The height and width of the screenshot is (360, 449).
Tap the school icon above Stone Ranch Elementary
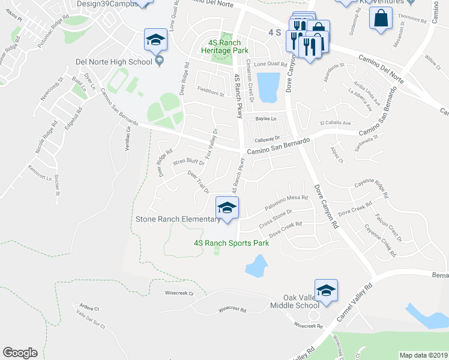tap(227, 208)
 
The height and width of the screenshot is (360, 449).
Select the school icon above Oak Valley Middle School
tap(326, 291)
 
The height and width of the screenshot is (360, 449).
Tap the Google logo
tap(20, 353)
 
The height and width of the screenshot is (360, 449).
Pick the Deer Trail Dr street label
tap(198, 182)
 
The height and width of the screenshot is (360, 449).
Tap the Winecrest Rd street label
tap(232, 310)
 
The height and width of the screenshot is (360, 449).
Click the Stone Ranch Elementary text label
tap(178, 220)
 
